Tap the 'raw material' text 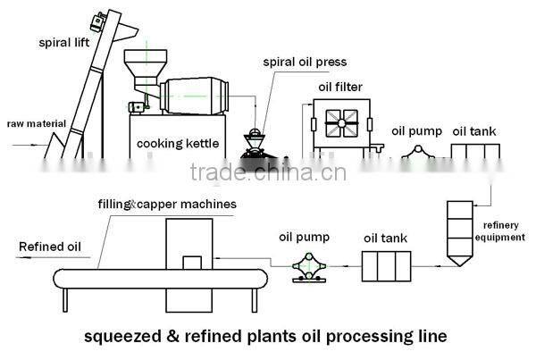(29, 124)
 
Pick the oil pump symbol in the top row (415, 155)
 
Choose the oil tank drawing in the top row (474, 153)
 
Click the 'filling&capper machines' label (167, 204)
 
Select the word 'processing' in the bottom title (356, 338)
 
